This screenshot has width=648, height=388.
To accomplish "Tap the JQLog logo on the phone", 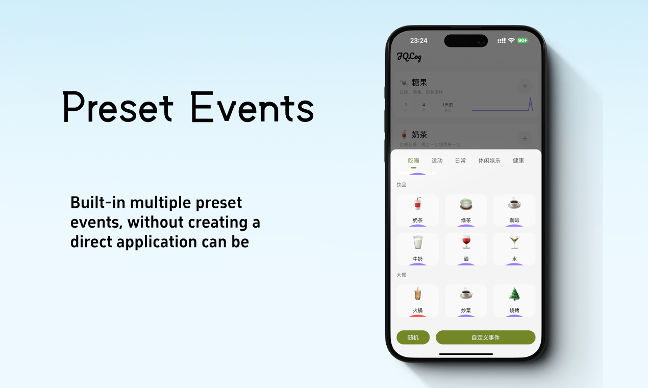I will (x=409, y=57).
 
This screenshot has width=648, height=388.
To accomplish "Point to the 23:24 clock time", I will (x=418, y=40).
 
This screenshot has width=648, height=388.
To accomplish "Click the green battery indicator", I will (x=522, y=40).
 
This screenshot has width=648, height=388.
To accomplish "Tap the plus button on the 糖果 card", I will (x=525, y=86).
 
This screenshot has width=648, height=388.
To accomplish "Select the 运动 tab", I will (x=437, y=160).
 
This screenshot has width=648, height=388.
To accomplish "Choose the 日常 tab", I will (x=460, y=160).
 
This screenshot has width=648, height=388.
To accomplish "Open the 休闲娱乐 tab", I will (x=489, y=160).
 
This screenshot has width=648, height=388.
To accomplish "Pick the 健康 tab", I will (x=518, y=160).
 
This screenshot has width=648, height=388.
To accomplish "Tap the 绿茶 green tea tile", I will (x=466, y=209).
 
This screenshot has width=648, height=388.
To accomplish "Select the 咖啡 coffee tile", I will (x=514, y=209).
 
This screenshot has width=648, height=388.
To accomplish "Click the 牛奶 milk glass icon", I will (x=418, y=243).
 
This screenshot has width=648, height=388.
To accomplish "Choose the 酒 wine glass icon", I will (x=466, y=243).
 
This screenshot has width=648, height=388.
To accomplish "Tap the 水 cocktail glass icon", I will (x=514, y=243).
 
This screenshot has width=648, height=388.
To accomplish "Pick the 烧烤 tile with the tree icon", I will (x=514, y=300).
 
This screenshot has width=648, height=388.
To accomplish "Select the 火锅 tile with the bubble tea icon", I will (x=418, y=300).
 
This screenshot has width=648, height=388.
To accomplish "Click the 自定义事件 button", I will (x=485, y=337).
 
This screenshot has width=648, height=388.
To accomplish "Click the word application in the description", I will (x=157, y=241).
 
